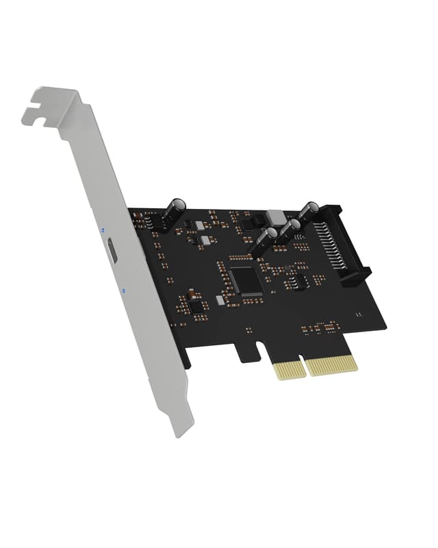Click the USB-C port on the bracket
click(x=111, y=253)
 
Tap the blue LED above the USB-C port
click(x=102, y=229)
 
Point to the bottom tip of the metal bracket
click(x=179, y=432)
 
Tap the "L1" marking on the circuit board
click(x=358, y=314)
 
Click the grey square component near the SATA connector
click(x=276, y=215)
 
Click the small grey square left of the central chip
click(x=220, y=299)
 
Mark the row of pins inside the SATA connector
click(x=333, y=247)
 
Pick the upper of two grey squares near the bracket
click(x=199, y=225)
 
